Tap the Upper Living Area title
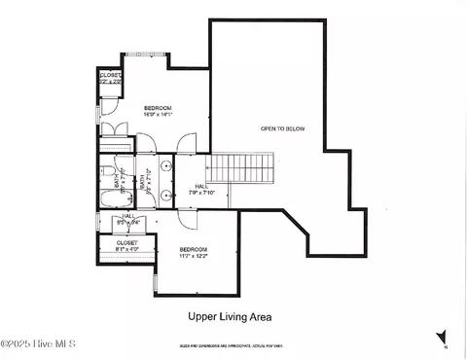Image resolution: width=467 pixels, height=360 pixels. click(x=229, y=316)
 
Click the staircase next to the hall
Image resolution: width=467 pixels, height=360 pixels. click(x=244, y=167)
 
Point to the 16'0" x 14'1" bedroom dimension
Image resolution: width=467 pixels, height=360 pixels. click(x=158, y=114)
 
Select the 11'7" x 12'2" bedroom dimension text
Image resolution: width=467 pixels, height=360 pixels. click(x=193, y=257)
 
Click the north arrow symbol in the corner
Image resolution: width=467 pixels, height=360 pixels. click(x=443, y=337)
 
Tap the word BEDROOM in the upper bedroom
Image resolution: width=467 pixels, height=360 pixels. click(x=158, y=107)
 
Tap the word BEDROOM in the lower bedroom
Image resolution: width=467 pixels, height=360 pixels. click(x=193, y=249)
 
